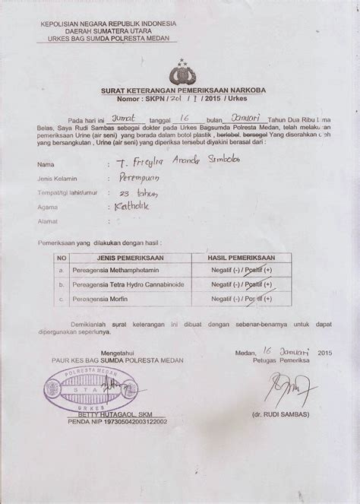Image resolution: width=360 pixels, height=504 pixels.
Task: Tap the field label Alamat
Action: click(46, 221)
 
